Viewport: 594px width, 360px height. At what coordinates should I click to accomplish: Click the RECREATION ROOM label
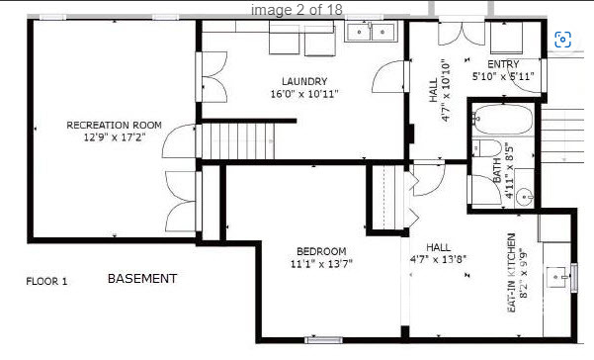pyautogui.click(x=114, y=125)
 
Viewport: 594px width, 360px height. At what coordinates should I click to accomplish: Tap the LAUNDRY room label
pyautogui.click(x=303, y=81)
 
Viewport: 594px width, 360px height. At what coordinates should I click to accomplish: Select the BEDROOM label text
pyautogui.click(x=321, y=250)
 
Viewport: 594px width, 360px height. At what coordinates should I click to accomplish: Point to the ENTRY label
pyautogui.click(x=503, y=64)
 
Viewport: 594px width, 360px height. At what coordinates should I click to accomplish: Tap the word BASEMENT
pyautogui.click(x=142, y=279)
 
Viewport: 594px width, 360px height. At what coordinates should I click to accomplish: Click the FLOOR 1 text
pyautogui.click(x=46, y=281)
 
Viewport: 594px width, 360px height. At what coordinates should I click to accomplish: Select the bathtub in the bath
pyautogui.click(x=502, y=122)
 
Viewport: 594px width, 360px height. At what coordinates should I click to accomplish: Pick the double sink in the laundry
pyautogui.click(x=371, y=34)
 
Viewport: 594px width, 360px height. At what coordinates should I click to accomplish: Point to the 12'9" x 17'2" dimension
pyautogui.click(x=114, y=138)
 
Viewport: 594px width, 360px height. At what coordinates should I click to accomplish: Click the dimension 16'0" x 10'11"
pyautogui.click(x=303, y=95)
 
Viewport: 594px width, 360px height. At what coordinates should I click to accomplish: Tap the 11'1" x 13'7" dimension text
pyautogui.click(x=321, y=264)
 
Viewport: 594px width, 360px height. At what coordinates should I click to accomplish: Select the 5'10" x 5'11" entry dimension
pyautogui.click(x=503, y=76)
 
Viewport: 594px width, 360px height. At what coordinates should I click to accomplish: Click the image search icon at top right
pyautogui.click(x=562, y=40)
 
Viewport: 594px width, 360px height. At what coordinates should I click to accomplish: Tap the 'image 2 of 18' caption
pyautogui.click(x=296, y=9)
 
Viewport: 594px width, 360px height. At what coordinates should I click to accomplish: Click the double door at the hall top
pyautogui.click(x=449, y=30)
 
